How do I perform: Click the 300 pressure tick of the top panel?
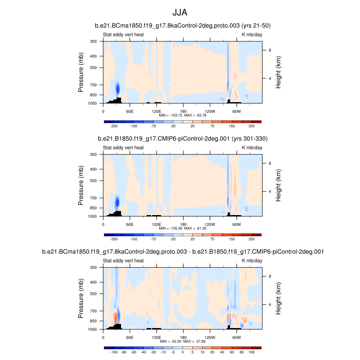click(94, 41)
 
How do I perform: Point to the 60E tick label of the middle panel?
click(130, 224)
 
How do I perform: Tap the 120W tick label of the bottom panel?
click(209, 337)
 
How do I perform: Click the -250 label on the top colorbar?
click(114, 127)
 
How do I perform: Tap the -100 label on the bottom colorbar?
click(114, 353)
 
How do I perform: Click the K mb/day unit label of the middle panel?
click(252, 147)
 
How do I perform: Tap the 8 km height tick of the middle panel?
click(270, 164)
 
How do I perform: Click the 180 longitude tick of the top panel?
click(183, 111)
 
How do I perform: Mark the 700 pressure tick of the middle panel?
click(94, 198)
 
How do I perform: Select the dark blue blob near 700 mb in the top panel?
click(118, 88)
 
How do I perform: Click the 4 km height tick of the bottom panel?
click(270, 304)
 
